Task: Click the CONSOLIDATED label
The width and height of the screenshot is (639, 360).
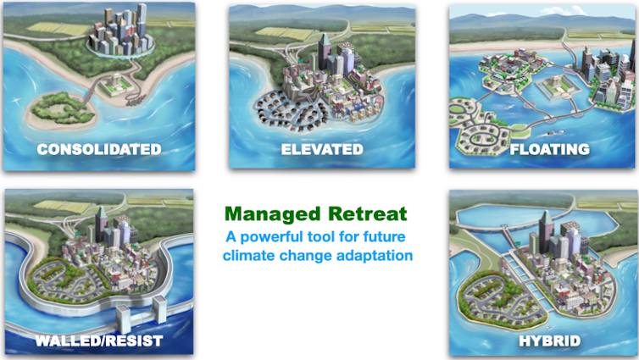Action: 98,149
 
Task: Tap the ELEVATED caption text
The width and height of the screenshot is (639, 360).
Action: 322,149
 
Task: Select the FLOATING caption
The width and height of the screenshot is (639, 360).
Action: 549,149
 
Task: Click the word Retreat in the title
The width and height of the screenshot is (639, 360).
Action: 367,213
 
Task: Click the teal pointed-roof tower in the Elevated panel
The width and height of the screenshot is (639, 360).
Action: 325,47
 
